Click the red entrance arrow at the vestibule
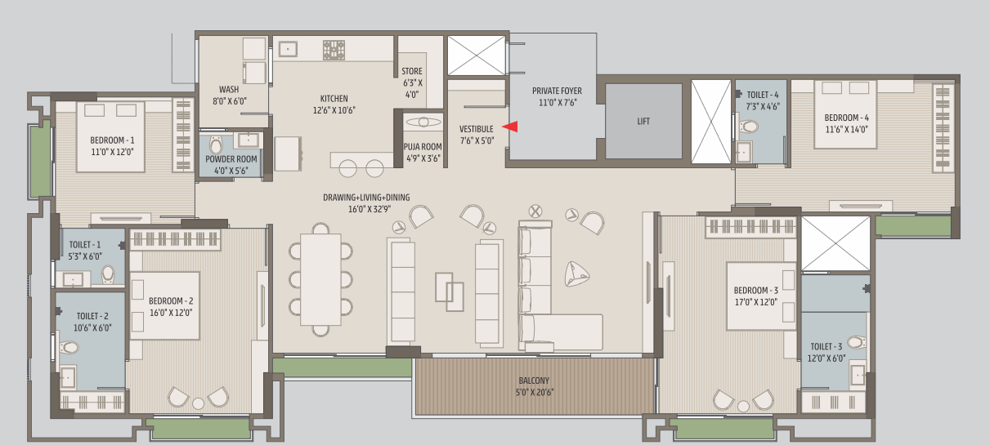[x=510, y=127]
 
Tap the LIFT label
[x=643, y=122]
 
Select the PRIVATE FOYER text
[x=557, y=91]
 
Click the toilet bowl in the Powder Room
[x=216, y=145]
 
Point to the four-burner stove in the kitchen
[x=334, y=50]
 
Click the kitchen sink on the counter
[x=288, y=49]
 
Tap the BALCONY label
[x=534, y=380]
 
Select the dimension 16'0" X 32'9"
[x=370, y=209]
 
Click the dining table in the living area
[x=320, y=279]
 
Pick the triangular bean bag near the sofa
[x=576, y=274]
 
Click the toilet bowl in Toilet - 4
[x=749, y=127]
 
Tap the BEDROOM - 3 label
[x=755, y=291]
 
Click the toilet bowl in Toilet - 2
[x=69, y=347]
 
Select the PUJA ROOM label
[x=423, y=147]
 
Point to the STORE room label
[x=412, y=71]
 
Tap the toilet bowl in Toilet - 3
[x=856, y=343]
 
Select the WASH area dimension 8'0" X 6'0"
[x=230, y=101]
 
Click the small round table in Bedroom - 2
[x=199, y=403]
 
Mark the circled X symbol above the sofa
[x=535, y=211]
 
